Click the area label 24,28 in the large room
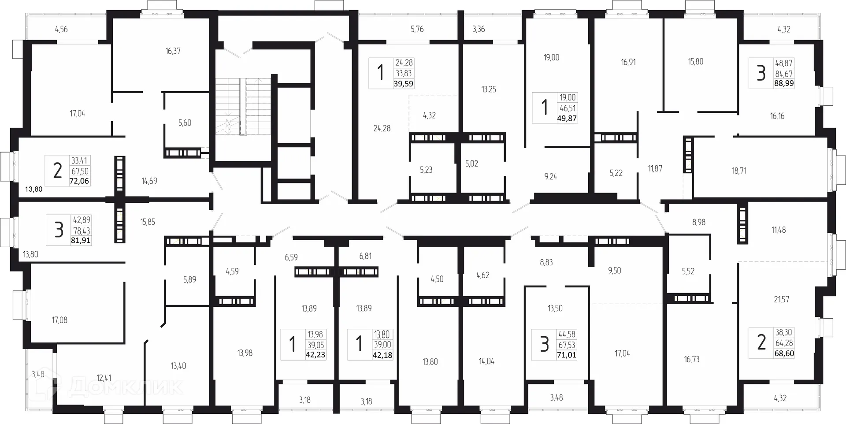coord(382,129)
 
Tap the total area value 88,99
coord(784,83)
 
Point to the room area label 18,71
coord(739,171)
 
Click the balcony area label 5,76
coord(417,30)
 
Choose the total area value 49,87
coord(567,118)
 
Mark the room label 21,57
coord(781,300)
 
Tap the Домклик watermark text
coord(126,387)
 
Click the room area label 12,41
coord(104,378)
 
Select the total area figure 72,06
coord(79,181)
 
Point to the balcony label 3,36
coord(479,30)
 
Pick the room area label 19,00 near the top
coord(551,58)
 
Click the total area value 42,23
coord(315,355)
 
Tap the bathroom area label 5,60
coord(185,123)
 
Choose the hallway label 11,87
coord(655,168)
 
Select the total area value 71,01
coord(566,355)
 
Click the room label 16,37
coord(173,51)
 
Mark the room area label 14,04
coord(486,361)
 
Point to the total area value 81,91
coord(81,241)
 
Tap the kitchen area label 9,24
coord(550,177)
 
